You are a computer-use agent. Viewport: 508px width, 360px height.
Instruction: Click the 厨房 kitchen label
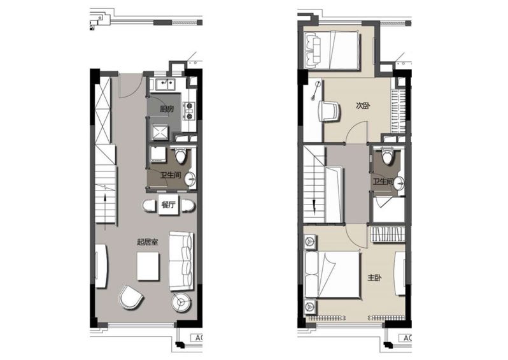click(167, 109)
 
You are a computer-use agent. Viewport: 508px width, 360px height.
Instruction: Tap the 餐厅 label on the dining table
click(168, 205)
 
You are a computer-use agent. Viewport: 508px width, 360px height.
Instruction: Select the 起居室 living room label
click(148, 242)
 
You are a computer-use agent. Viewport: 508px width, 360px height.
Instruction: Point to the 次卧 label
click(363, 106)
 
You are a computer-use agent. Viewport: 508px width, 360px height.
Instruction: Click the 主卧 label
click(374, 278)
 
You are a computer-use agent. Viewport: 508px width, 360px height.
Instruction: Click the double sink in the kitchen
click(166, 84)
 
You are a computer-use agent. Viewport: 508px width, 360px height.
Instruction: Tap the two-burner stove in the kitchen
click(189, 111)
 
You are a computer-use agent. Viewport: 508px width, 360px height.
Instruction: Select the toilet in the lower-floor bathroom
click(181, 155)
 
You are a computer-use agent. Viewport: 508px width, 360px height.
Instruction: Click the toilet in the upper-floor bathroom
click(387, 156)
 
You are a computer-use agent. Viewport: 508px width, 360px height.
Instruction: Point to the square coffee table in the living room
click(148, 266)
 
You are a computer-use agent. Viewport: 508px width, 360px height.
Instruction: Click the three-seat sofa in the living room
click(181, 261)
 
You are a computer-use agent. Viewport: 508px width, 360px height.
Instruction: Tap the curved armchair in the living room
click(131, 297)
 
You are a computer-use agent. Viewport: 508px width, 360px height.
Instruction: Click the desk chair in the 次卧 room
click(330, 111)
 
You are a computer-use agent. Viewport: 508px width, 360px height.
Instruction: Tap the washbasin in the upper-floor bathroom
click(400, 184)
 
